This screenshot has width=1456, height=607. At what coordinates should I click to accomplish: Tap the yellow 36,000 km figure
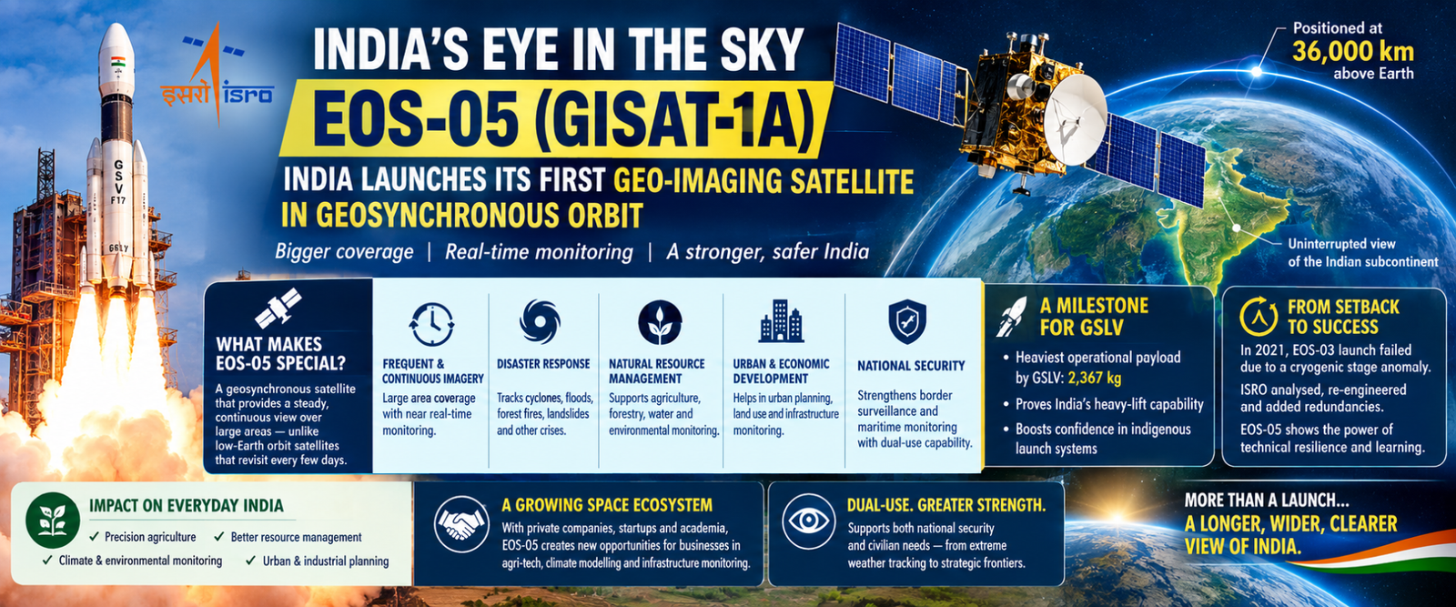coord(1352,51)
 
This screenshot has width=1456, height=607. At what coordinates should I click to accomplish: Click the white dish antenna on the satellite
coord(1075,119)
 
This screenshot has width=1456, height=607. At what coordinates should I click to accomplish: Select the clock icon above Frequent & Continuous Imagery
coord(431,324)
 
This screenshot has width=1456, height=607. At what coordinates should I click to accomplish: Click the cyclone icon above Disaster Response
coord(540,321)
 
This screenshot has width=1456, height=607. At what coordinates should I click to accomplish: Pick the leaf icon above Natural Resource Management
coord(660,322)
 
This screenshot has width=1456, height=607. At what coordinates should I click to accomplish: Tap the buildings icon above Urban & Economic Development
coord(781,321)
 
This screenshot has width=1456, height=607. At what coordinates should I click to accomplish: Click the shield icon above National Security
coord(906,321)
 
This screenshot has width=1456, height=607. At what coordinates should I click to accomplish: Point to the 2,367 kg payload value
coord(1095,378)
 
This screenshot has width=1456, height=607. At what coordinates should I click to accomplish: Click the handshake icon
coord(461,524)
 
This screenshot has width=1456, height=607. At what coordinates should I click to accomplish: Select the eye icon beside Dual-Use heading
coord(809,521)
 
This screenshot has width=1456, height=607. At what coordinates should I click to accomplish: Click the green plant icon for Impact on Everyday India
coord(53,520)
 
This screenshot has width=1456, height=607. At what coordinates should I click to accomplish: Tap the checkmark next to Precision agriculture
coord(95,536)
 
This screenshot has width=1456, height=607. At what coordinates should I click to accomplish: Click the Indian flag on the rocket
coord(117,62)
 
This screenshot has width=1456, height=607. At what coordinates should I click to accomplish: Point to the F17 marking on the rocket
coord(117,200)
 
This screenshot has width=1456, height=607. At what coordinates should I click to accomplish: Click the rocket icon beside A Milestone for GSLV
coord(1011,317)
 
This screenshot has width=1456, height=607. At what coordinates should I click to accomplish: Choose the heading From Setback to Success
coord(1343,317)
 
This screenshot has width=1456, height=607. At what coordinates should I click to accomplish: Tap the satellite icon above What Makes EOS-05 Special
coord(278,308)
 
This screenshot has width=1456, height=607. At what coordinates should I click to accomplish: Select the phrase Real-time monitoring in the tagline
coord(539,252)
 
